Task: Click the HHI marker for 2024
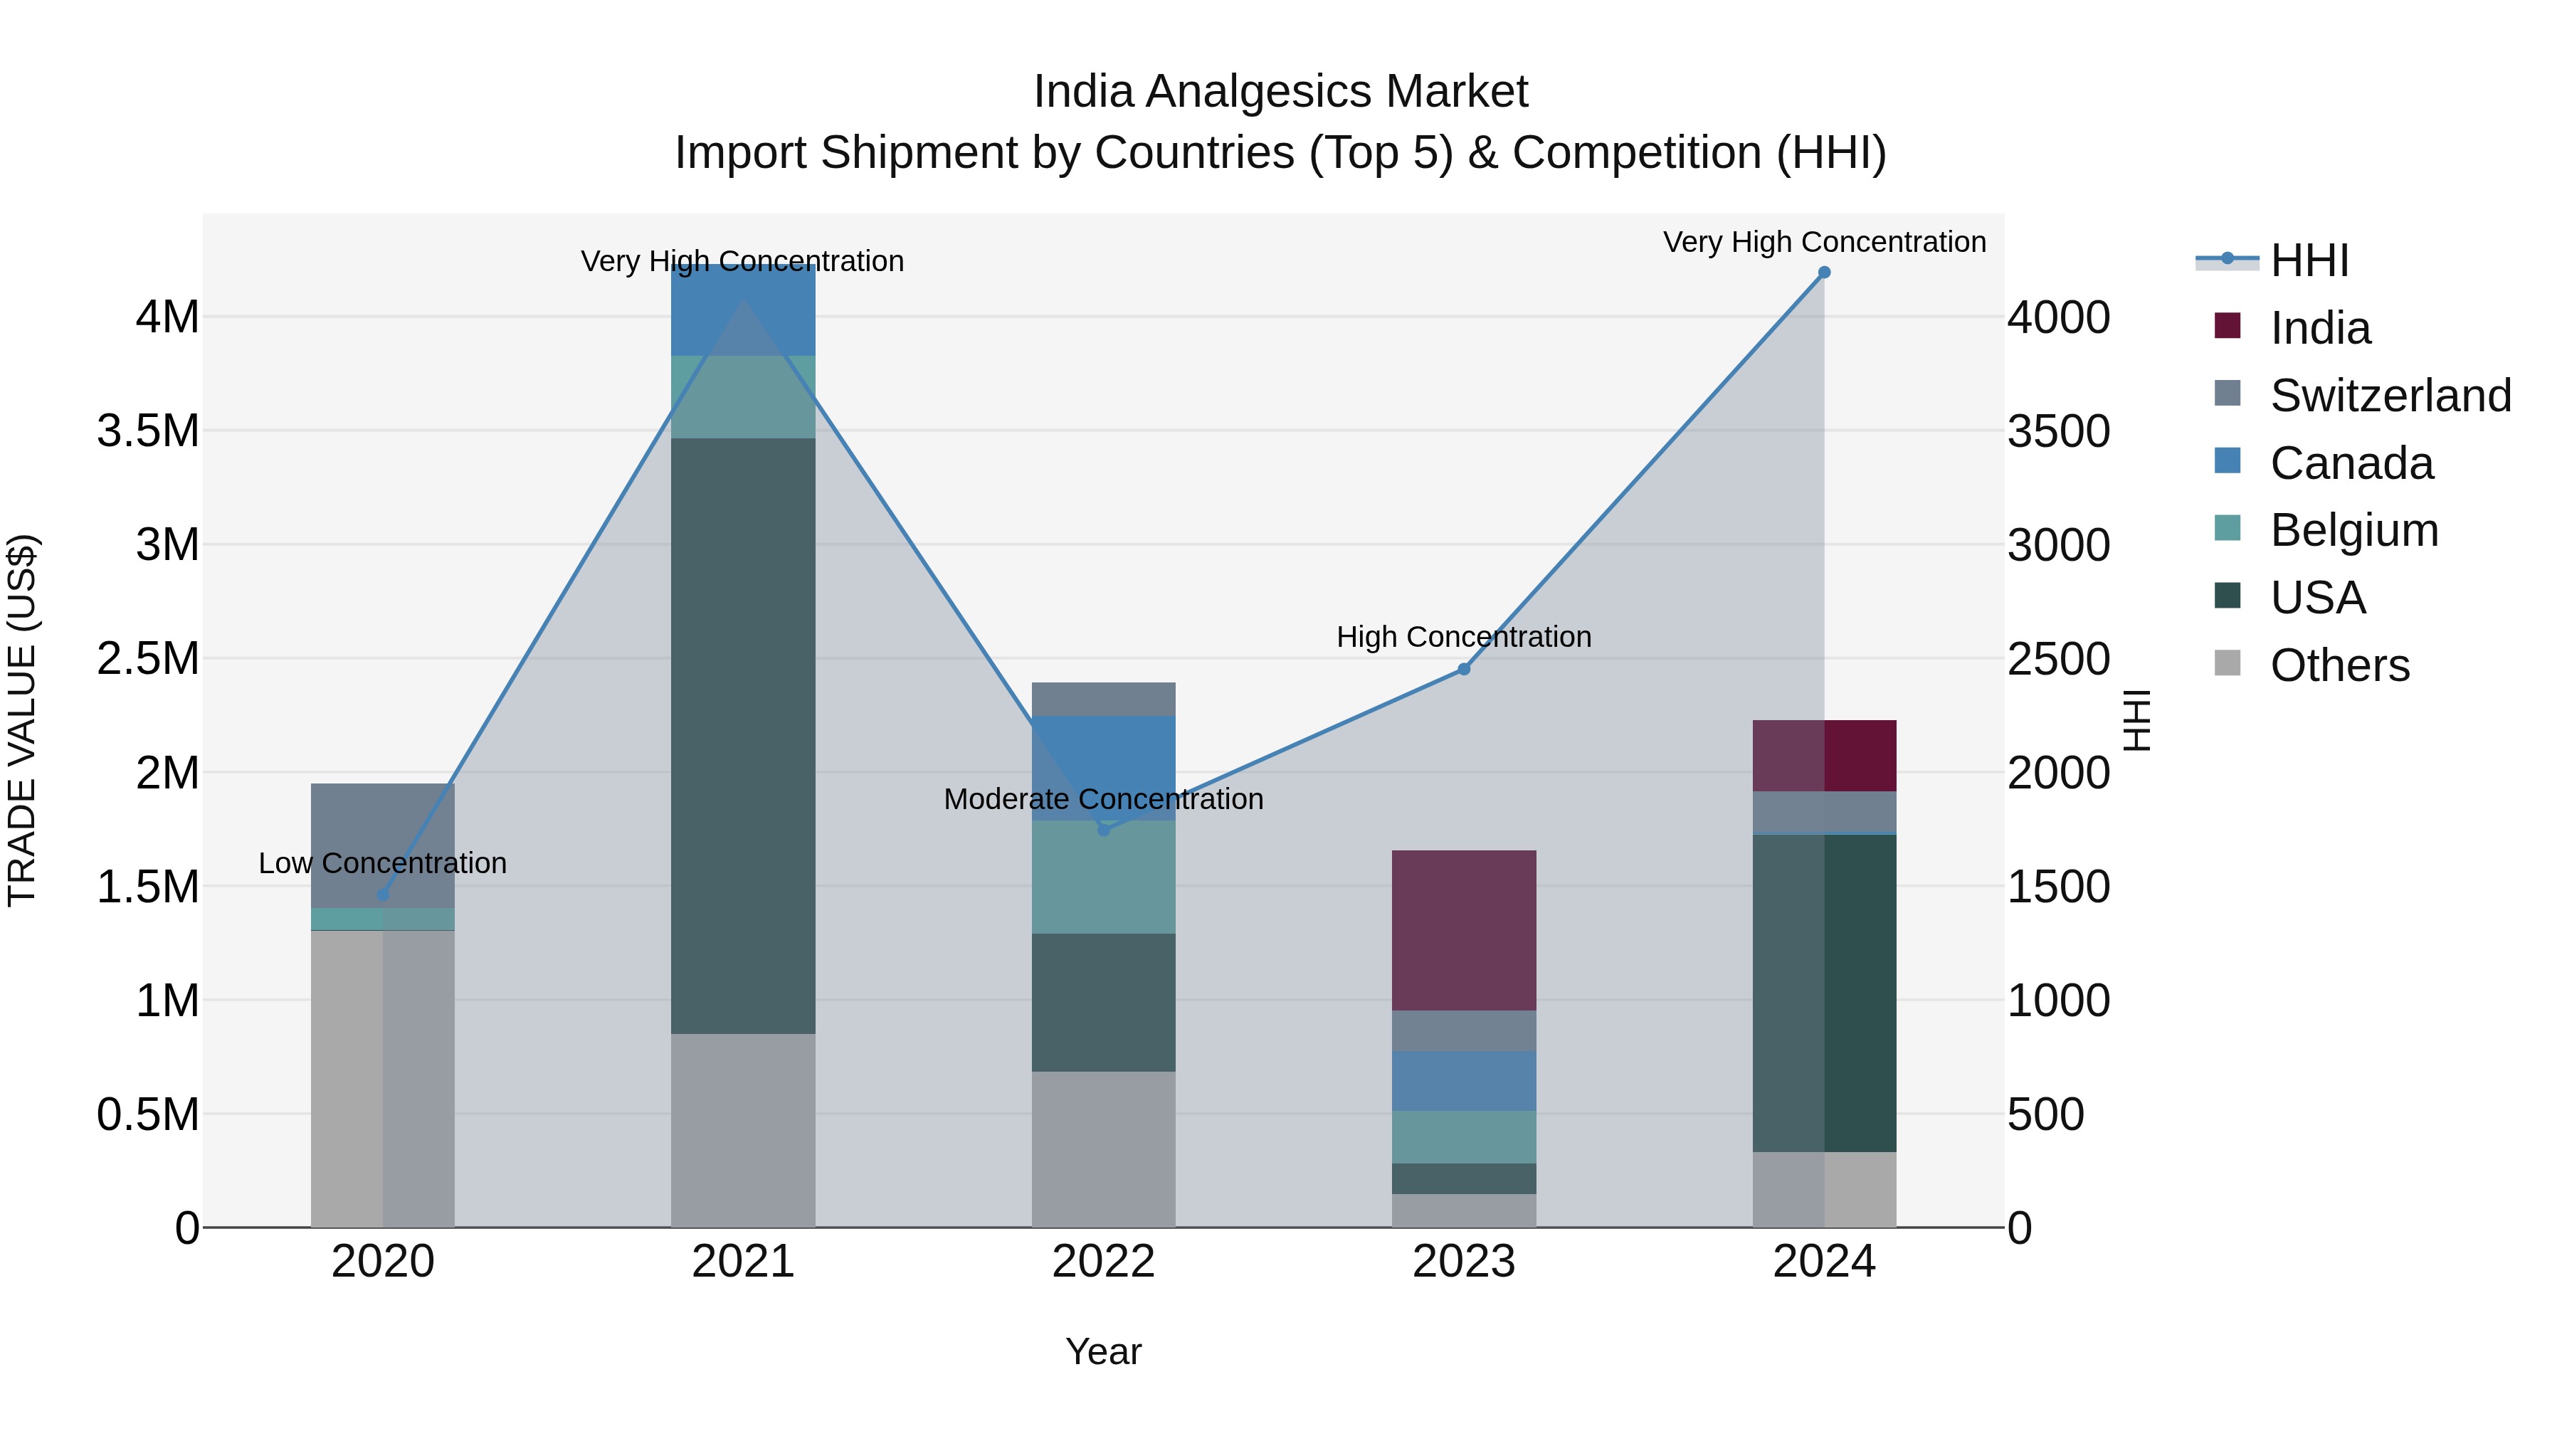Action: point(1824,273)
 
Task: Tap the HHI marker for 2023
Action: point(1464,670)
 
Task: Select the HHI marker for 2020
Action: point(383,895)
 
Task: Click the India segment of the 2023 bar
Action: point(1464,930)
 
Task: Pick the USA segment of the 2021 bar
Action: point(743,736)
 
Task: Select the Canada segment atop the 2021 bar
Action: point(743,310)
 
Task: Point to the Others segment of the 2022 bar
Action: point(1104,1149)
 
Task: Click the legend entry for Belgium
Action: point(2353,530)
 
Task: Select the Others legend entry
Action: point(2339,665)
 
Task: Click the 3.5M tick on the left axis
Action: point(148,432)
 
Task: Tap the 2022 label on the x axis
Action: point(1104,1262)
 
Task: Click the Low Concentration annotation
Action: point(383,863)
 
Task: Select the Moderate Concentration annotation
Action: point(1104,800)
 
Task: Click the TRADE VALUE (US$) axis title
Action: point(22,720)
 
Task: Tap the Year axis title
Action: point(1104,1351)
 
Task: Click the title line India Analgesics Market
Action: point(1280,92)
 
